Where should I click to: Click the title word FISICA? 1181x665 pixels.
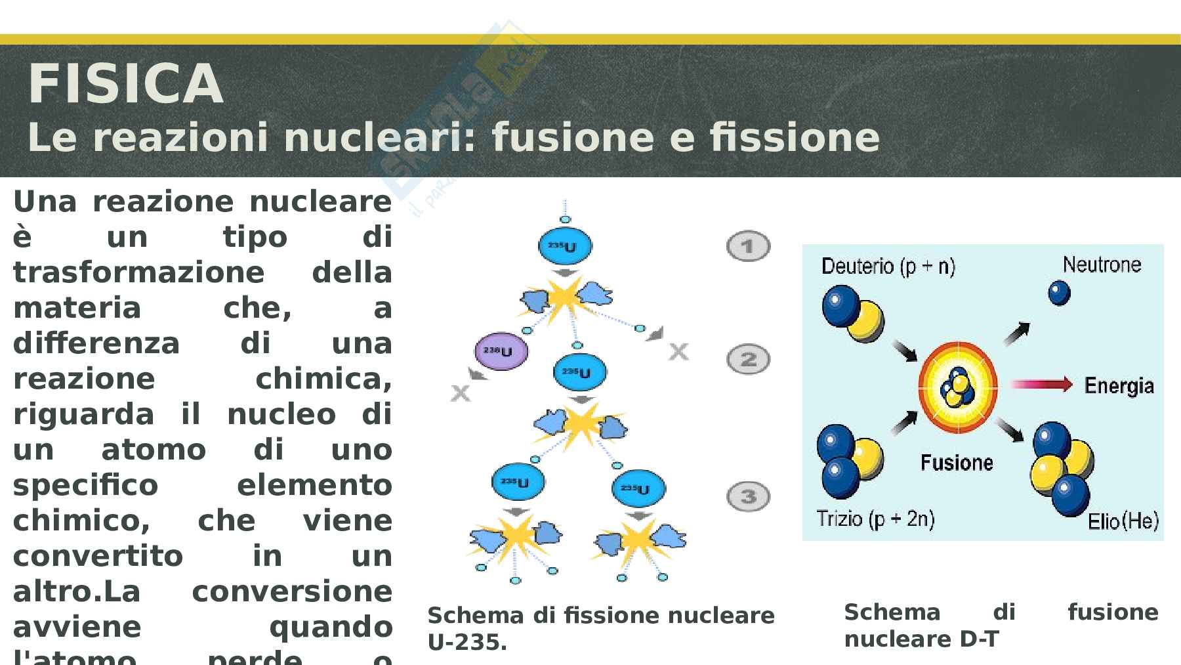125,85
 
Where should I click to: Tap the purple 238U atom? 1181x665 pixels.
501,351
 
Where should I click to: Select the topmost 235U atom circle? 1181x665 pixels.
565,247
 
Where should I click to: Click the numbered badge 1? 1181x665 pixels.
748,247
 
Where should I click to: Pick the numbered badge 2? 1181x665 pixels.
748,360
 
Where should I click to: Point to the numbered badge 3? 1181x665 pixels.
748,496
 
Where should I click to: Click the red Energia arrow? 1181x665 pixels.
1041,384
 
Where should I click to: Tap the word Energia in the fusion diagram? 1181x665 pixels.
1119,385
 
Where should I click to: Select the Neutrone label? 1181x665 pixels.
1102,265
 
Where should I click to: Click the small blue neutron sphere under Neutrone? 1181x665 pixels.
1059,293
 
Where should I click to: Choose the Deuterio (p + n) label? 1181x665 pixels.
888,266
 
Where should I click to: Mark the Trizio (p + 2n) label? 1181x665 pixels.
875,519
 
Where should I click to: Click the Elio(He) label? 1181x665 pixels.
1123,521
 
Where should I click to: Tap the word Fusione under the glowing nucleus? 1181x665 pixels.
957,463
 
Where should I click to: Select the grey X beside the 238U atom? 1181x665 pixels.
461,393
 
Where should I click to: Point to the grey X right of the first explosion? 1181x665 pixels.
678,352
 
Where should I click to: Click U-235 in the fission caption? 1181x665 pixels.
467,643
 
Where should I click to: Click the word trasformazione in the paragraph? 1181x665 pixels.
138,272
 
